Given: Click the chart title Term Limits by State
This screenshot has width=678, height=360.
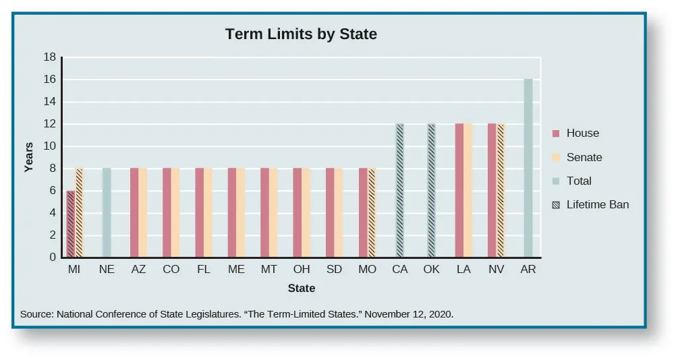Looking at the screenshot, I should point(300,34).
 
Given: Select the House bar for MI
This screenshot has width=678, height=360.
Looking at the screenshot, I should point(70,224).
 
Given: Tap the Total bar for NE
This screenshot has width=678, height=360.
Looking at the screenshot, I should point(107,212).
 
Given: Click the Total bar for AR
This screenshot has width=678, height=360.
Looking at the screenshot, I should point(528,169).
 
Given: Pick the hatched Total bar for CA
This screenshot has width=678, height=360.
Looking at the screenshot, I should point(399,190).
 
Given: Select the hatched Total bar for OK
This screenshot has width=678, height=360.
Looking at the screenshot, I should point(432,190).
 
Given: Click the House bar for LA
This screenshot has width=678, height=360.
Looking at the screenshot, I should point(459,190).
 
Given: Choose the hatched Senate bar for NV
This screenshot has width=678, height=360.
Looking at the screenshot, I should point(501,190).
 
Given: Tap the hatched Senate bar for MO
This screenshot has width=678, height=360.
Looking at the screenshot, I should point(371,212).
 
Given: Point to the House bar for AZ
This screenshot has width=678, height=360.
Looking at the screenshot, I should point(134,212).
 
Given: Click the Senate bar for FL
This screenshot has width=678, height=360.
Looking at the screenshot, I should point(208,212).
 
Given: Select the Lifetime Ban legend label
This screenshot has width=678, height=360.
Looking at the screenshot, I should point(598,204).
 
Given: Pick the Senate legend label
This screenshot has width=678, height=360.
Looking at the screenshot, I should point(584,157).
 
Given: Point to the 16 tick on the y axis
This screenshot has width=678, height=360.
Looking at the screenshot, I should point(50,80).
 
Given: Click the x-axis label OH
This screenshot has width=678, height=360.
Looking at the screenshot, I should point(302,269).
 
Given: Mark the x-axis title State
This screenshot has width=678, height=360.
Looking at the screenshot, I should point(301,288).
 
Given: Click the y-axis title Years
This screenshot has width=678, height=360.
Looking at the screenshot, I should point(28,157).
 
